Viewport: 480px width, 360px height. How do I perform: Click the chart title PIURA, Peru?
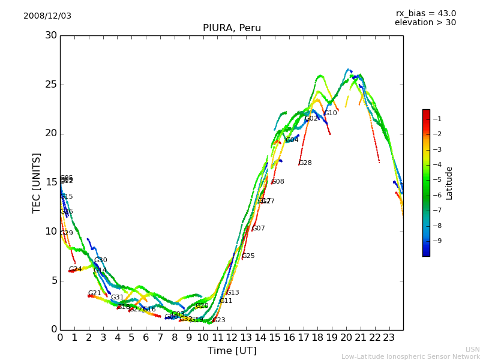pyautogui.click(x=232, y=28)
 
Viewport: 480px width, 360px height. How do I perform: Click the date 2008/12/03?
pyautogui.click(x=47, y=16)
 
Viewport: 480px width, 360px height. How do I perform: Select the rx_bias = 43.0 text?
pyautogui.click(x=425, y=14)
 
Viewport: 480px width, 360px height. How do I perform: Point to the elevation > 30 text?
pyautogui.click(x=425, y=23)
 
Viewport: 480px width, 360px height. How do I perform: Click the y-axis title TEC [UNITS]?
pyautogui.click(x=37, y=182)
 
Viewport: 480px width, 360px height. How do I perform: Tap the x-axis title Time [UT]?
pyautogui.click(x=232, y=351)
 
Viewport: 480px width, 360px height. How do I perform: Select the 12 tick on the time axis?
pyautogui.click(x=232, y=337)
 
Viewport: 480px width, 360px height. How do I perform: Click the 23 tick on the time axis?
pyautogui.click(x=389, y=337)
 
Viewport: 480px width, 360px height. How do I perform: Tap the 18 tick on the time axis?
pyautogui.click(x=318, y=337)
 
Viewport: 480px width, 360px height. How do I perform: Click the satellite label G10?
pyautogui.click(x=331, y=113)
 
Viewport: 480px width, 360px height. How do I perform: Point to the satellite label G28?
pyautogui.click(x=305, y=163)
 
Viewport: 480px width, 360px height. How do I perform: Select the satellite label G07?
pyautogui.click(x=259, y=229)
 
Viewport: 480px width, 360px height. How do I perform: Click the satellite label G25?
pyautogui.click(x=248, y=256)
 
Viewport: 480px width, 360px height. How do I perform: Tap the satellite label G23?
pyautogui.click(x=219, y=320)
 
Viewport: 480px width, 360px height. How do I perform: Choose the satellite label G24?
pyautogui.click(x=76, y=269)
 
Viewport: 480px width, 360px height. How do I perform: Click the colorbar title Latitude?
pyautogui.click(x=449, y=183)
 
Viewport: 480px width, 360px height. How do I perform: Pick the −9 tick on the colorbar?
pyautogui.click(x=437, y=241)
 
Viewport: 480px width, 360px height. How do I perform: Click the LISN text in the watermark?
pyautogui.click(x=473, y=349)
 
